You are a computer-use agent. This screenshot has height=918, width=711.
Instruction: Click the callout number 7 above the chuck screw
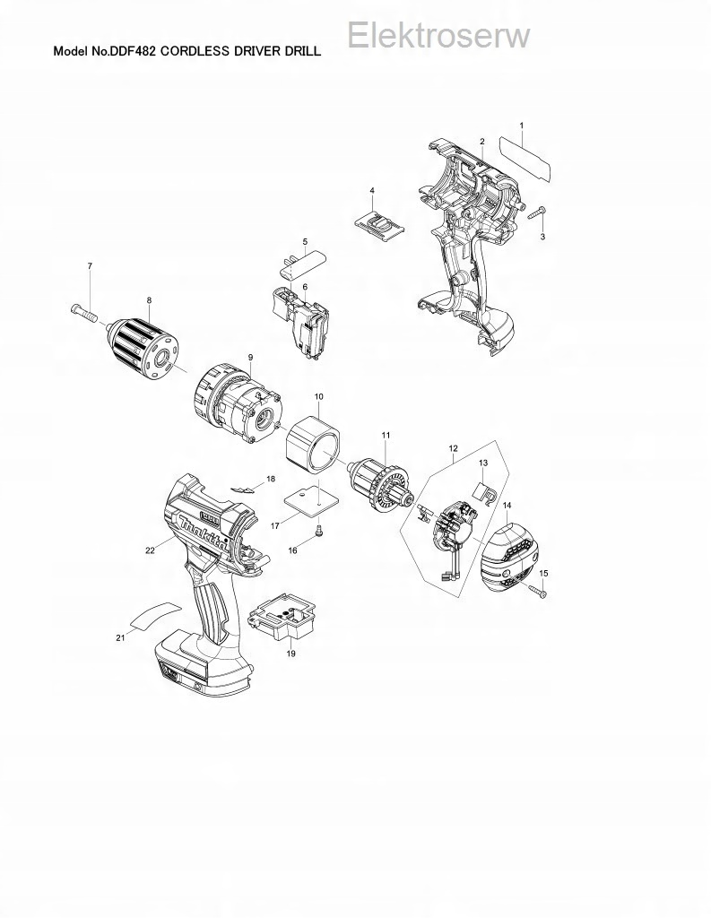(90, 265)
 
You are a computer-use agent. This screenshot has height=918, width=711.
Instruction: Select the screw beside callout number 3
(537, 212)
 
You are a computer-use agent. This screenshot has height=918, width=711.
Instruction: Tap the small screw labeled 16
(319, 531)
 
